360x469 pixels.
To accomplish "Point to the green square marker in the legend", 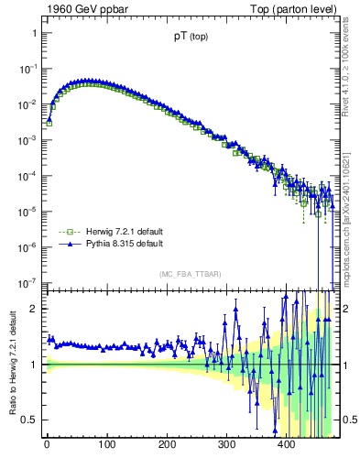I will [x=65, y=232].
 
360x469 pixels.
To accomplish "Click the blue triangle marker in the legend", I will [x=65, y=245].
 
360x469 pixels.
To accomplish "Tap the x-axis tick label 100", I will [x=106, y=444].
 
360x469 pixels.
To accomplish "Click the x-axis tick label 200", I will [x=167, y=444].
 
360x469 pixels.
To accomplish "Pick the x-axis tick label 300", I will [x=226, y=444].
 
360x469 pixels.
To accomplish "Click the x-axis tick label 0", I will [x=47, y=444].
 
